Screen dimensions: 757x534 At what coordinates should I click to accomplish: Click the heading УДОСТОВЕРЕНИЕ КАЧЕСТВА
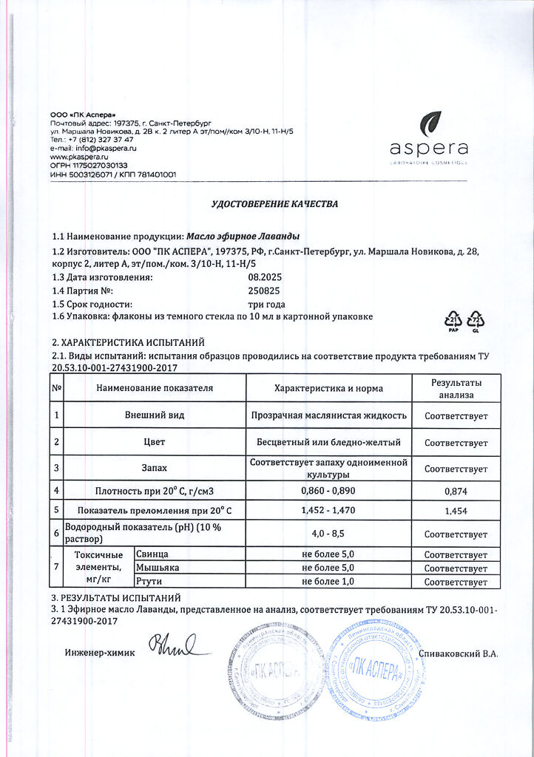274,204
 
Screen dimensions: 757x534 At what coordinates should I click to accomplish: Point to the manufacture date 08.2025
263,277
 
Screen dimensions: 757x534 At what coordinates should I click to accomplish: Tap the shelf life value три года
266,304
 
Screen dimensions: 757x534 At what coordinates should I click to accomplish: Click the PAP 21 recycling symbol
453,319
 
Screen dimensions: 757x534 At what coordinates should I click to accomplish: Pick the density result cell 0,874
456,491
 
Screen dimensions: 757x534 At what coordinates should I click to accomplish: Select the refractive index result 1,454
456,511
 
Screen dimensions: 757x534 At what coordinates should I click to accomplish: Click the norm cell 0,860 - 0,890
328,490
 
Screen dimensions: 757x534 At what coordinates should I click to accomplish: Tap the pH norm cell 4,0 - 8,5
328,532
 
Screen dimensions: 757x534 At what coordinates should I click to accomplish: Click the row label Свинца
153,554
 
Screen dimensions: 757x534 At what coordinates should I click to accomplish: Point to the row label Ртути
149,582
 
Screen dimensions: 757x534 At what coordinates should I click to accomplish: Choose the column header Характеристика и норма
328,387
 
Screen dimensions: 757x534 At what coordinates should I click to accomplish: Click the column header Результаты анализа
456,388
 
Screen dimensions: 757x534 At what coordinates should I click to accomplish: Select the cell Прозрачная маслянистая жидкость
328,415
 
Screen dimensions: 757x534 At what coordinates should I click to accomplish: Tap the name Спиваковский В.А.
458,653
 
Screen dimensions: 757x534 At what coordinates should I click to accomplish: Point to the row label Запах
155,468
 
